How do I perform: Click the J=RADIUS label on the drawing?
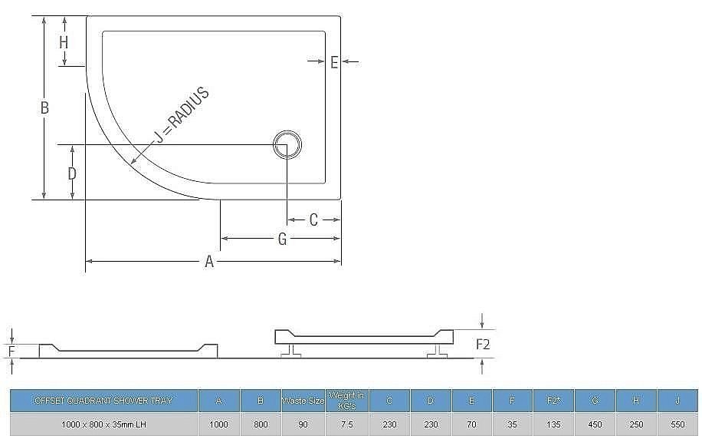pyautogui.click(x=182, y=116)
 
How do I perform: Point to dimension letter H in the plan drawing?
pyautogui.click(x=64, y=42)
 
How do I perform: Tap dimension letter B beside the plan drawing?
pyautogui.click(x=44, y=108)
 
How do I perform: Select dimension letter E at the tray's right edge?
pyautogui.click(x=334, y=62)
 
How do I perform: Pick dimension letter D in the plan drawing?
pyautogui.click(x=72, y=173)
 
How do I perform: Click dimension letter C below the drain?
pyautogui.click(x=313, y=220)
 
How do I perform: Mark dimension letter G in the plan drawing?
pyautogui.click(x=282, y=239)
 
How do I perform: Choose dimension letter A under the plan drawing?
pyautogui.click(x=208, y=262)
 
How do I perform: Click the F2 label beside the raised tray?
pyautogui.click(x=483, y=345)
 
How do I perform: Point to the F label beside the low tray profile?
pyautogui.click(x=11, y=352)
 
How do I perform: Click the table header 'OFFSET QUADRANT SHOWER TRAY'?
pyautogui.click(x=103, y=401)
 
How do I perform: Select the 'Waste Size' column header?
pyautogui.click(x=303, y=401)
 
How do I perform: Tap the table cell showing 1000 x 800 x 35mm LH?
pyautogui.click(x=103, y=424)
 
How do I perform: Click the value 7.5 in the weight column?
pyautogui.click(x=346, y=424)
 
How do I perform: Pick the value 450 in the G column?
pyautogui.click(x=595, y=424)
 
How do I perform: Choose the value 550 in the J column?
pyautogui.click(x=677, y=424)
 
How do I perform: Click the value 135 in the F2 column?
pyautogui.click(x=554, y=424)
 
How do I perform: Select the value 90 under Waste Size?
pyautogui.click(x=303, y=424)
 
